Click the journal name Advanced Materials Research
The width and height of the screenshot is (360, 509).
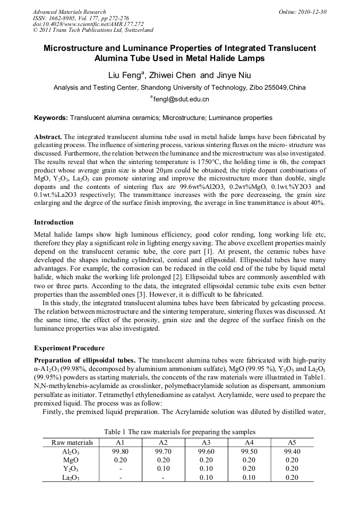click(x=69, y=12)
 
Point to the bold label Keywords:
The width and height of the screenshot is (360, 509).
click(x=50, y=117)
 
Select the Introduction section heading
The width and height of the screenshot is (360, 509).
click(x=54, y=222)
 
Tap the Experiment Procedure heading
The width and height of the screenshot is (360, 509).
click(x=69, y=348)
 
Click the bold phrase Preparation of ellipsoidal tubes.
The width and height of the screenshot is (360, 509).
click(x=85, y=360)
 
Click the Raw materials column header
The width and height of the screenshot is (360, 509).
click(x=72, y=442)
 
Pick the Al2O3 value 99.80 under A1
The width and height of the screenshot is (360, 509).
click(x=120, y=451)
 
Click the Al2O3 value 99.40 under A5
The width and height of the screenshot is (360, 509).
click(x=292, y=451)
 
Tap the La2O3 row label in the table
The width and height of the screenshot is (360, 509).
click(x=71, y=478)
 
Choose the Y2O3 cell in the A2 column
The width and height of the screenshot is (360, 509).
click(x=163, y=469)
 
